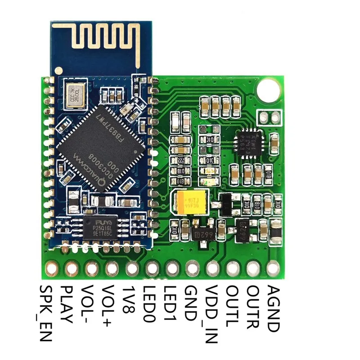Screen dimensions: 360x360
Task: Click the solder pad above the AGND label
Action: pos(273,269)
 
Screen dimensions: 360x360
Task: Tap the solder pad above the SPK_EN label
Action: pos(51,269)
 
